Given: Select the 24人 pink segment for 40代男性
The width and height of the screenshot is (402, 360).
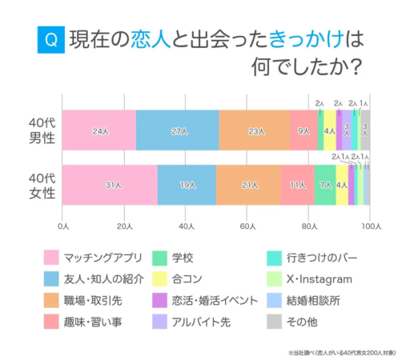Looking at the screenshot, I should pyautogui.click(x=99, y=130).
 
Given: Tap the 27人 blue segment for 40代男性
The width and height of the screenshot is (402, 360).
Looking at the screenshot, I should pyautogui.click(x=178, y=130).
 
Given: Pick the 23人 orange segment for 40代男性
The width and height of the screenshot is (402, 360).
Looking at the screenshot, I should pyautogui.click(x=255, y=130).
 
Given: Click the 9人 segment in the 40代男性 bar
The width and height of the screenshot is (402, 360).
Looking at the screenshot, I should pyautogui.click(x=304, y=130).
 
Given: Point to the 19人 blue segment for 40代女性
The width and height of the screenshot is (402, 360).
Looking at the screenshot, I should pyautogui.click(x=187, y=185).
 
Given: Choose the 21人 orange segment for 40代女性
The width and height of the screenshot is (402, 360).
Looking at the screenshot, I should pyautogui.click(x=248, y=185).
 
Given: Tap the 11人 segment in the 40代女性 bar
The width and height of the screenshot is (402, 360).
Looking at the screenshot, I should pyautogui.click(x=297, y=185).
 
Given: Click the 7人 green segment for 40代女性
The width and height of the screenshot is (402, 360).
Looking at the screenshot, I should pyautogui.click(x=325, y=185).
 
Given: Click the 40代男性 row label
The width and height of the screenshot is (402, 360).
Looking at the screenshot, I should pyautogui.click(x=38, y=130).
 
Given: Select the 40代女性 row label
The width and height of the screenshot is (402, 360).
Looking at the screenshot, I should pyautogui.click(x=38, y=185).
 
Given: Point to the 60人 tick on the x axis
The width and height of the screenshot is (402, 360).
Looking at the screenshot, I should pyautogui.click(x=247, y=227).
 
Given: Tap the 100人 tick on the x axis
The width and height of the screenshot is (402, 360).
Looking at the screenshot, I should pyautogui.click(x=368, y=227).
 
